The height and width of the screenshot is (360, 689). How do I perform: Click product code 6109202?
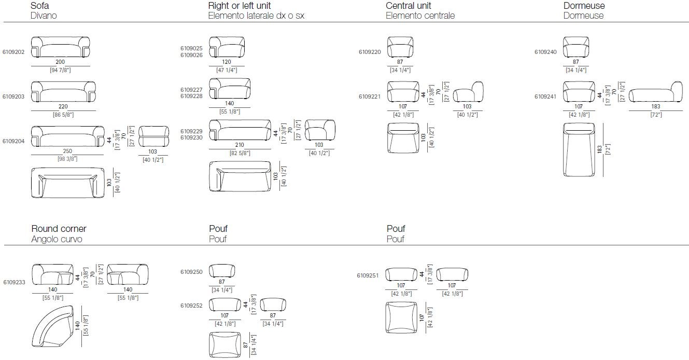(x=13, y=52)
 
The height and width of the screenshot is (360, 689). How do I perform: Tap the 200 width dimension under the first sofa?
(x=60, y=62)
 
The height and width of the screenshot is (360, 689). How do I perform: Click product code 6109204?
(x=13, y=141)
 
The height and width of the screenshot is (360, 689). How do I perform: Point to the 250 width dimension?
(x=60, y=151)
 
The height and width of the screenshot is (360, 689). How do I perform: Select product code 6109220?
(x=370, y=52)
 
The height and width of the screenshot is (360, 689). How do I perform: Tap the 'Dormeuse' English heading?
(x=584, y=6)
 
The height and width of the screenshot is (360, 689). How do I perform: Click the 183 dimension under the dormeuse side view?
(x=656, y=106)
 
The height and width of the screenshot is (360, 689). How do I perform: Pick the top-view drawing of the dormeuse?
(x=583, y=149)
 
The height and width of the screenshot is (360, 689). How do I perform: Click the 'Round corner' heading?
(x=59, y=229)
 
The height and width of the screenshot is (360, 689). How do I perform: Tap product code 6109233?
(x=13, y=283)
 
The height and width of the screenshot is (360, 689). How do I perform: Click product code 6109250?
(x=191, y=272)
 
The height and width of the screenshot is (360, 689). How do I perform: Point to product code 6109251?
(x=368, y=275)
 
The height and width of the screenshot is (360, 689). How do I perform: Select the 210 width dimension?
(x=240, y=145)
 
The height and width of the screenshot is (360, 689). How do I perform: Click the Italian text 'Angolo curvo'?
(x=57, y=239)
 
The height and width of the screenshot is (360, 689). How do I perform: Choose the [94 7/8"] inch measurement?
(x=60, y=70)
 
